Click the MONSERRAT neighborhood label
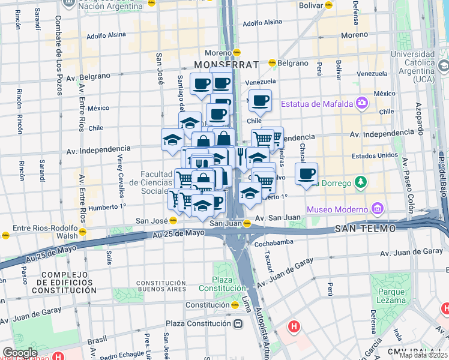226,64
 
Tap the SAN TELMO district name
364,229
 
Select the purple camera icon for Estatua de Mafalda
361,103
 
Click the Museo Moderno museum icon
377,209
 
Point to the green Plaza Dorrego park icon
360,181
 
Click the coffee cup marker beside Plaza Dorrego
306,173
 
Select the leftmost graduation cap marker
172,139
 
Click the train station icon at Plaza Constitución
238,323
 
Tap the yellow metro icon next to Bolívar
329,5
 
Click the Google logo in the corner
20,353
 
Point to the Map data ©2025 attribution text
424,355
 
